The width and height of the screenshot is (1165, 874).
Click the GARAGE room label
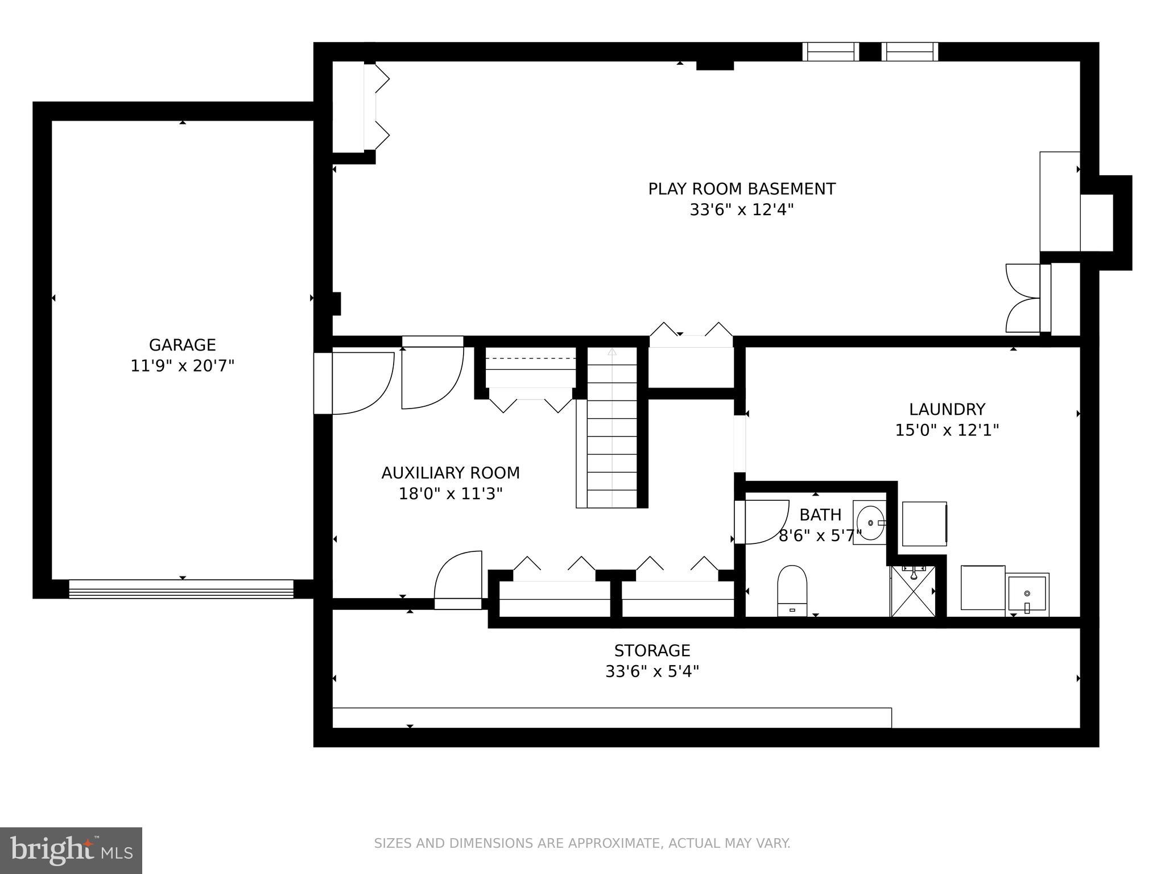click(x=182, y=345)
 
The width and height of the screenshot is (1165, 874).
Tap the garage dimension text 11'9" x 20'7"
click(x=182, y=366)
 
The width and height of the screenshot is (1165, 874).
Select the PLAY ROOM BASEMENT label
click(x=742, y=189)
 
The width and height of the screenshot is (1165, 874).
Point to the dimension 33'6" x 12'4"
click(x=741, y=210)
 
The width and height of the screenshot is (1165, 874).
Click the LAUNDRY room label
click(x=947, y=409)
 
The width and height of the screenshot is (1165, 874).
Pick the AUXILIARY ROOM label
click(x=451, y=473)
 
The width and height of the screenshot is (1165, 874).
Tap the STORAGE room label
click(x=652, y=650)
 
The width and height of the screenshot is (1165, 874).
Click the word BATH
click(x=820, y=515)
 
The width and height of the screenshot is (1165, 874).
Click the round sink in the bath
click(x=870, y=522)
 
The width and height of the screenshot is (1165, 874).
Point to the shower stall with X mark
click(x=912, y=592)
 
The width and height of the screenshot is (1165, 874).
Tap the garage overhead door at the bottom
click(x=181, y=589)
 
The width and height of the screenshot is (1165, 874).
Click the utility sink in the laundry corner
click(x=1027, y=594)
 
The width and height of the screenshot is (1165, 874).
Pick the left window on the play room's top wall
click(x=831, y=52)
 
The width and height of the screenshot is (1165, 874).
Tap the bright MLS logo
click(x=71, y=851)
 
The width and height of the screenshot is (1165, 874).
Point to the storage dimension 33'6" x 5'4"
click(x=652, y=672)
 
